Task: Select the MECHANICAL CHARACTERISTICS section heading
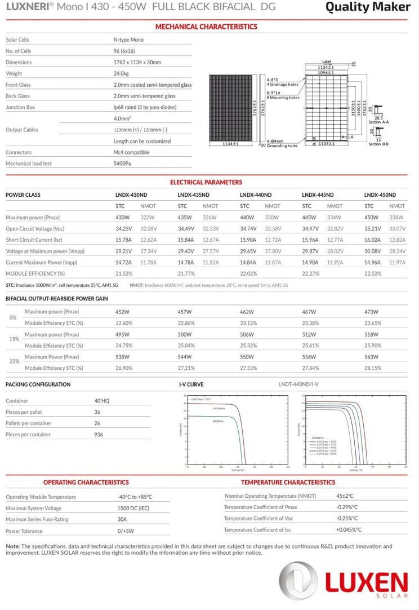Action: click(206, 26)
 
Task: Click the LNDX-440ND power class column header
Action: click(256, 195)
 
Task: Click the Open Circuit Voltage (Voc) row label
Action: click(35, 228)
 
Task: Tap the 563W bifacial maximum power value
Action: click(372, 357)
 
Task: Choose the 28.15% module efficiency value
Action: click(373, 368)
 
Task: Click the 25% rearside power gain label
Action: click(13, 362)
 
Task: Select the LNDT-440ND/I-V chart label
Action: click(298, 384)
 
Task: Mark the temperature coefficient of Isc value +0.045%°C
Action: click(349, 529)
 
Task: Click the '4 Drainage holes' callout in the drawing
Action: click(282, 84)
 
